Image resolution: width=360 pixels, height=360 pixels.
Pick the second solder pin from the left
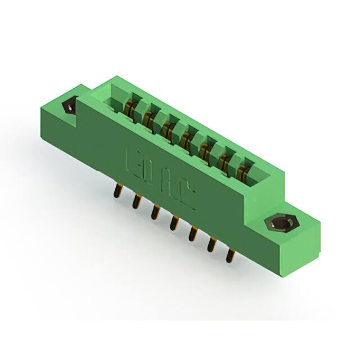click(136, 201)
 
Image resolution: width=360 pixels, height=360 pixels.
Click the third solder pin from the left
click(154, 211)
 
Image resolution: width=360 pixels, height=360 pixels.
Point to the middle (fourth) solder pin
click(173, 223)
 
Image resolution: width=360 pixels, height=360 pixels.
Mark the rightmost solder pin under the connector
click(229, 255)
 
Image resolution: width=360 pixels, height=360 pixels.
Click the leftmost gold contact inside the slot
click(130, 106)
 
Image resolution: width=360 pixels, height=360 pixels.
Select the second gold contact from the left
click(149, 117)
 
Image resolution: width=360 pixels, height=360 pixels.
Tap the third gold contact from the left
click(168, 128)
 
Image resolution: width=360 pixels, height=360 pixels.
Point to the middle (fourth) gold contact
click(187, 138)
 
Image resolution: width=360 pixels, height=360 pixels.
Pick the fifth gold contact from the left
click(205, 148)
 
